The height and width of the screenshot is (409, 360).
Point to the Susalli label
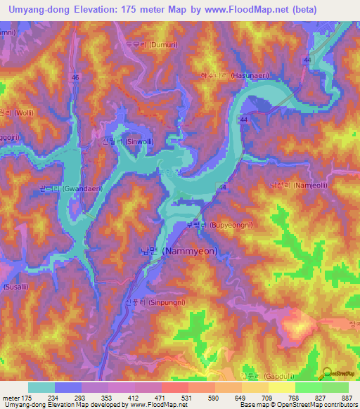tap(15, 288)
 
